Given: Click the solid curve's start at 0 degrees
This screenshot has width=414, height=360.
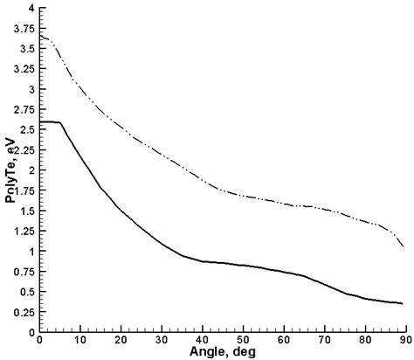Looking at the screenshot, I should tap(40, 121).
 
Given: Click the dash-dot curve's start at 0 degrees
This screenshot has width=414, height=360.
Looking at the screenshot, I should tap(40, 36).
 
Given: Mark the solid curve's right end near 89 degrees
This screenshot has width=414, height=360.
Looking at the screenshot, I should tap(402, 303).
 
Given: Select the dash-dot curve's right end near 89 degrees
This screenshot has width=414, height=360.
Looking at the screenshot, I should tap(402, 247).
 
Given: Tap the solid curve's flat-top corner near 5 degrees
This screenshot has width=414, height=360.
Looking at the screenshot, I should tap(60, 122).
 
